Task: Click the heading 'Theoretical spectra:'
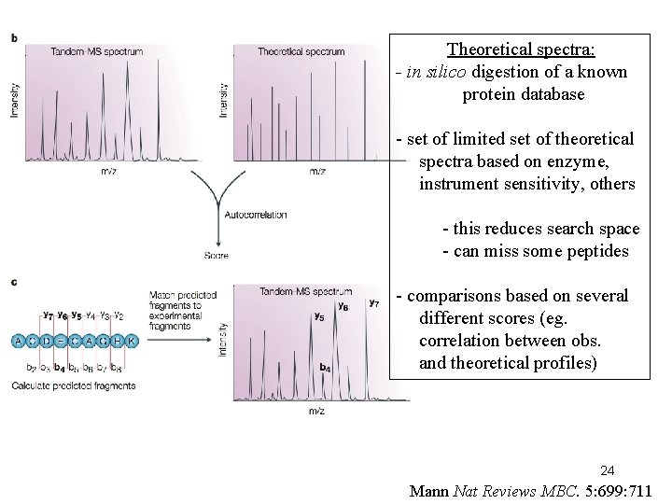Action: [522, 49]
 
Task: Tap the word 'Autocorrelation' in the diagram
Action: [257, 215]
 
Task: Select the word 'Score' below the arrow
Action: [216, 256]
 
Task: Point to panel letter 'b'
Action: [14, 38]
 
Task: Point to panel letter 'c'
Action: [14, 281]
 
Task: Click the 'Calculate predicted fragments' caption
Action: [74, 385]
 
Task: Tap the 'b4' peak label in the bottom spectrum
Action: [324, 368]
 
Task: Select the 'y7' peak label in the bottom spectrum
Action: [373, 302]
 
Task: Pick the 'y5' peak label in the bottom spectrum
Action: [318, 317]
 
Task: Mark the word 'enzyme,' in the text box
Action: [591, 161]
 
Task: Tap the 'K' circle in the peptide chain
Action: [131, 342]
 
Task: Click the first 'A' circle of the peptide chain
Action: [19, 342]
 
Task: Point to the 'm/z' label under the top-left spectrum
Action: [109, 171]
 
